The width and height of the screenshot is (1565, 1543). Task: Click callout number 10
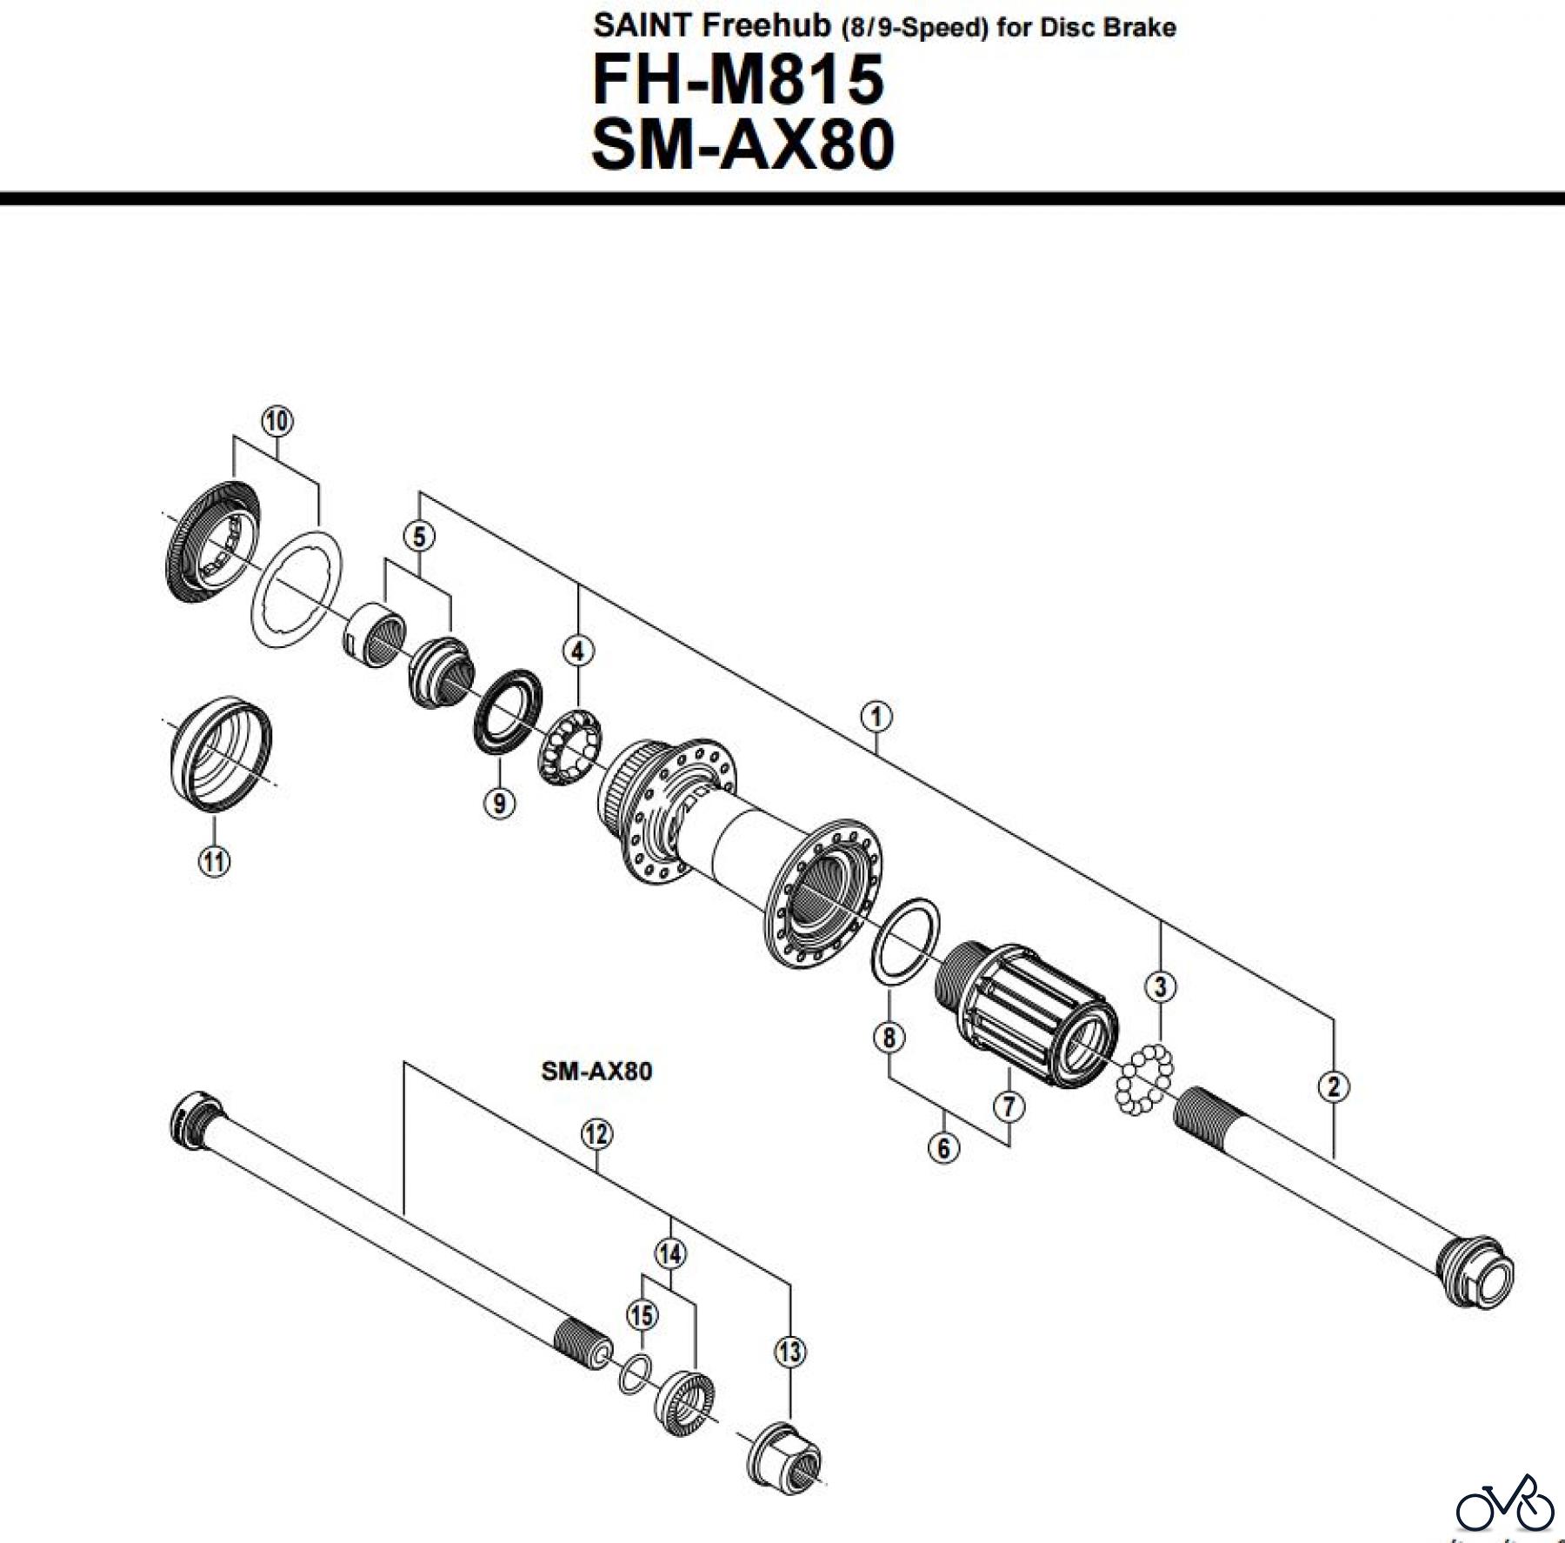(x=276, y=421)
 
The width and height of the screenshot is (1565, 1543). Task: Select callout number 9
(x=499, y=802)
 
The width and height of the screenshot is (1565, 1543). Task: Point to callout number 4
(x=578, y=650)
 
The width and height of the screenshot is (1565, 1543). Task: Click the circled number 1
(x=876, y=717)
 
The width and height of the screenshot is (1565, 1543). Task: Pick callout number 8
(x=889, y=1037)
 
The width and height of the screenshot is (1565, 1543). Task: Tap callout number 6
(x=944, y=1148)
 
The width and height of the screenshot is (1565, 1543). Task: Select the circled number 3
(x=1160, y=986)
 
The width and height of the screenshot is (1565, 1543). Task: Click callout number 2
(x=1334, y=1086)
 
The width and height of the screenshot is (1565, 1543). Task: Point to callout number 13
(x=789, y=1352)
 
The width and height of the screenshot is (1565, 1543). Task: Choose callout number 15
(x=643, y=1314)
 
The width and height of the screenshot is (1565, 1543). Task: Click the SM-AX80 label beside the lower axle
(x=596, y=1071)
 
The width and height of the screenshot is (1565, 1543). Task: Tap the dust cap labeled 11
(x=221, y=753)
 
